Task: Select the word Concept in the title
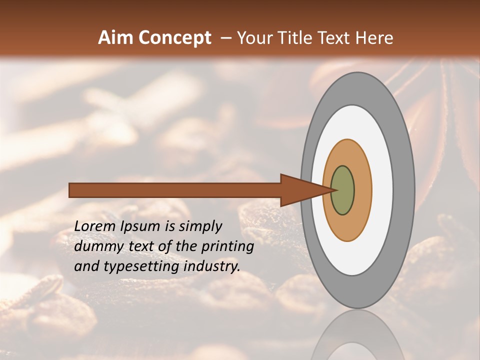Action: pos(175,38)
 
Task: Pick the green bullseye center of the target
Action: pos(342,190)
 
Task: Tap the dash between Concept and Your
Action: pos(225,38)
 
